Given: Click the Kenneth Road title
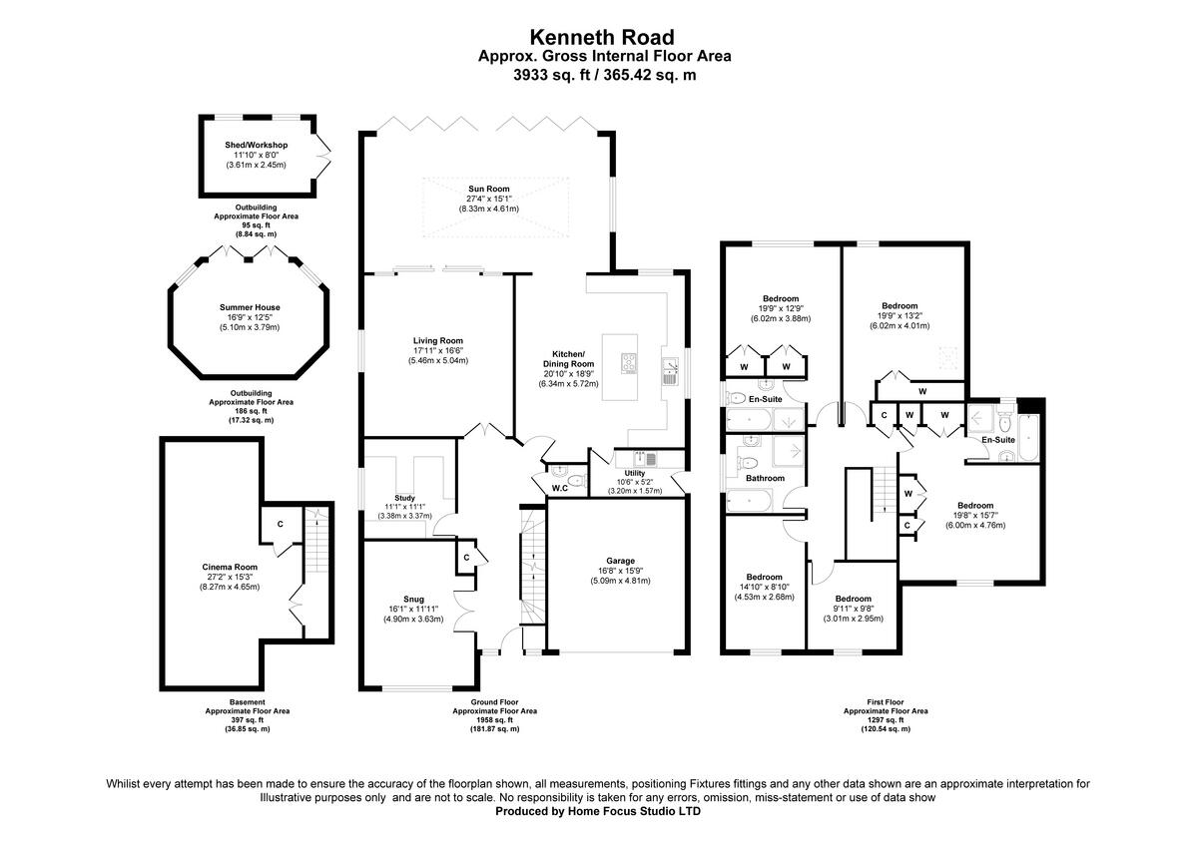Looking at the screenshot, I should (601, 37).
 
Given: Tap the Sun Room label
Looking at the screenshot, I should (489, 189).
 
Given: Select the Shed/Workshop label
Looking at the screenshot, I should (256, 145).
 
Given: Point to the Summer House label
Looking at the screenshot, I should (250, 307).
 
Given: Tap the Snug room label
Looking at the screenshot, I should (413, 599).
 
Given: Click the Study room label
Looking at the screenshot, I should (404, 498).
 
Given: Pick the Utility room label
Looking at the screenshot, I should (635, 474).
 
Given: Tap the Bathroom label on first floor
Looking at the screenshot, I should (766, 478).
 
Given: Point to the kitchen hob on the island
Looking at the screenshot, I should (631, 363).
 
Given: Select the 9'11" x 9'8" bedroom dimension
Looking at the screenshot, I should (854, 609).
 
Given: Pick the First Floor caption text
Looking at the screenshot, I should (886, 702).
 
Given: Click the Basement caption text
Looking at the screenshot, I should (248, 702).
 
